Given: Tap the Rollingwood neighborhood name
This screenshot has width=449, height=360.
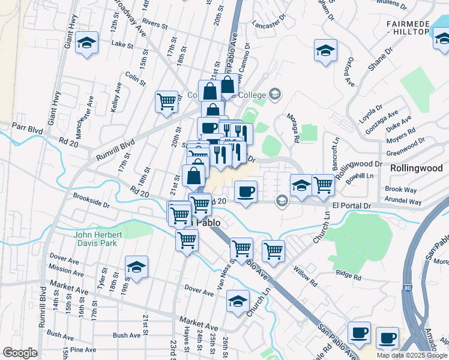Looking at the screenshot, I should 416,169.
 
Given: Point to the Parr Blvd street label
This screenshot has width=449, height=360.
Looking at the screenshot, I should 26,127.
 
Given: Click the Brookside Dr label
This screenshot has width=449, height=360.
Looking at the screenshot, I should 91,200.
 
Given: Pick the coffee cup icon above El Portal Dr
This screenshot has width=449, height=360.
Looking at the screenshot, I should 246,192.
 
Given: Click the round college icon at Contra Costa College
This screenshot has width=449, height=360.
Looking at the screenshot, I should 275,94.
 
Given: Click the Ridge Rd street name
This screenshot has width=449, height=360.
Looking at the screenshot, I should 348,275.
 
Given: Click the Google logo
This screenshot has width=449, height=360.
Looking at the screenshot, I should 20,353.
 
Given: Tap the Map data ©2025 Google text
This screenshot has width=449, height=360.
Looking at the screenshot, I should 412,355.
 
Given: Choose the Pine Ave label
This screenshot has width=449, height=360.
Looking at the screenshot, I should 83,349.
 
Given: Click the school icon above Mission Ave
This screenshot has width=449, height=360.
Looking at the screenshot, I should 137,268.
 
